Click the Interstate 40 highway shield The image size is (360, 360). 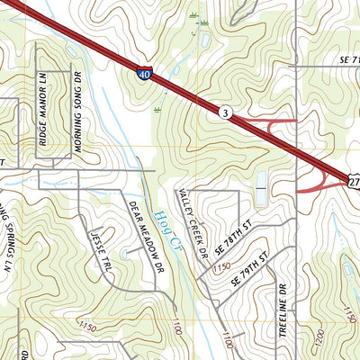pyautogui.click(x=145, y=76)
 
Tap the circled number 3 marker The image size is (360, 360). pyautogui.click(x=222, y=112)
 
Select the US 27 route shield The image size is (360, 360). pyautogui.click(x=353, y=182)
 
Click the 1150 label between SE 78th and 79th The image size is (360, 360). pyautogui.click(x=222, y=266)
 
